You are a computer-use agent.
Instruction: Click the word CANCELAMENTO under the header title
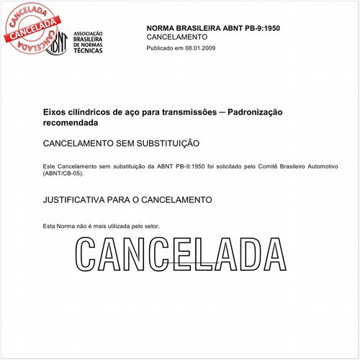[x=176, y=36]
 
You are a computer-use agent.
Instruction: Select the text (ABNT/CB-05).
[x=63, y=174]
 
